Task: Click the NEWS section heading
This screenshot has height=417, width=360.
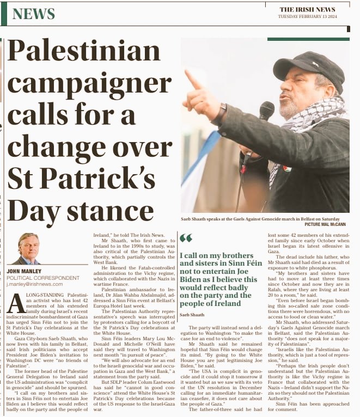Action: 33,14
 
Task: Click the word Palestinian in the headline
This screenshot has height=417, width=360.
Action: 84,53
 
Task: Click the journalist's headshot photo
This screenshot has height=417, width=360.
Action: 28,249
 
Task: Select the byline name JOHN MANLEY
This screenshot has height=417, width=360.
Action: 24,271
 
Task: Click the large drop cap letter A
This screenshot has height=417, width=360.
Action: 16,303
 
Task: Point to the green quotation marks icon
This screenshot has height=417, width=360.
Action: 186,238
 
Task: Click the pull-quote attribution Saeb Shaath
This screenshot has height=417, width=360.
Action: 192,315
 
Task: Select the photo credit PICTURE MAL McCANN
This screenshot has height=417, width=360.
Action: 325,224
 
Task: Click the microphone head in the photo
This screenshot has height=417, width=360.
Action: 266,111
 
